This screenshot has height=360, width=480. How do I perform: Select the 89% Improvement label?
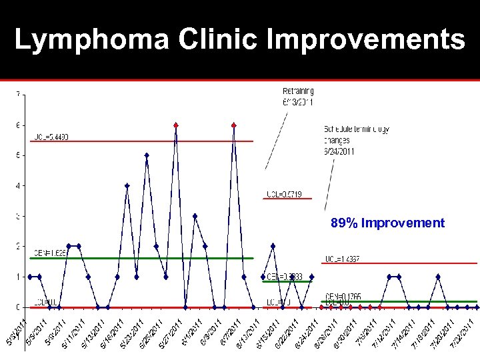coord(387,223)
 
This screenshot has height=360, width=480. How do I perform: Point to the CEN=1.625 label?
coord(50,253)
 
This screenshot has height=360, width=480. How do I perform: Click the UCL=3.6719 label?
coord(284,194)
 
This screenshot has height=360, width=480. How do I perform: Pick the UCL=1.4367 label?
coord(342,259)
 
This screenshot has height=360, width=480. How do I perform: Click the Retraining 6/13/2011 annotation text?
coord(298,96)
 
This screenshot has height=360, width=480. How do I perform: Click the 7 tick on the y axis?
coord(18,93)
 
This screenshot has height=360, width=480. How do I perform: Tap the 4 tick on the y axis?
coord(18,185)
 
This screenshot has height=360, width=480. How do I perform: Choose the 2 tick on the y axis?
coord(18,247)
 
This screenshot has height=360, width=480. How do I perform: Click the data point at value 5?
coord(147,155)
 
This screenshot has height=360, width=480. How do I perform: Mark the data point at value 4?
coord(127,186)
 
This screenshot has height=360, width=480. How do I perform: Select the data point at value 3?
coord(195,216)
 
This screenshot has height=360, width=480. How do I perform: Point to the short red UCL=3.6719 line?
coord(288,199)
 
